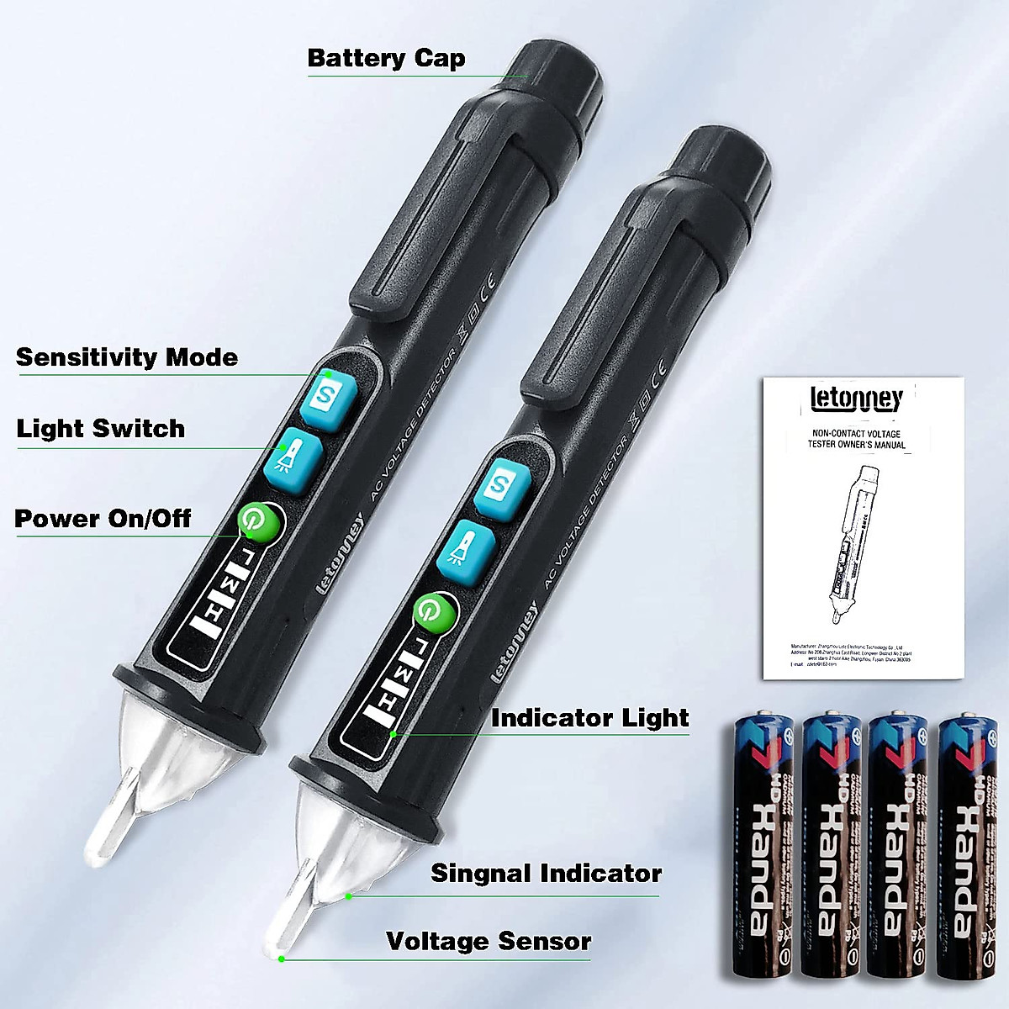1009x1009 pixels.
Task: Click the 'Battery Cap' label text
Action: pyautogui.click(x=386, y=59)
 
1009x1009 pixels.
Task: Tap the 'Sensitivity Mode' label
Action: pyautogui.click(x=127, y=357)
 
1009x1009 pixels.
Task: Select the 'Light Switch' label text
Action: pyautogui.click(x=101, y=429)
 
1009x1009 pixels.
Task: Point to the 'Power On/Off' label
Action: pyautogui.click(x=103, y=519)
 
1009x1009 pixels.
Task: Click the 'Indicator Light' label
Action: pyautogui.click(x=589, y=718)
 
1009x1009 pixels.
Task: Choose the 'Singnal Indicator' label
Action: pyautogui.click(x=546, y=874)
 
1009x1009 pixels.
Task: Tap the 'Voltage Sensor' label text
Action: pyautogui.click(x=489, y=941)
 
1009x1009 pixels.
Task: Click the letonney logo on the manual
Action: pyautogui.click(x=856, y=399)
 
